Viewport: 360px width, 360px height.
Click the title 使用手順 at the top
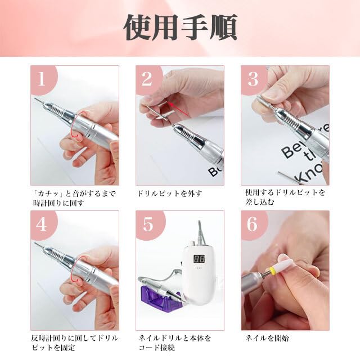pyautogui.click(x=180, y=28)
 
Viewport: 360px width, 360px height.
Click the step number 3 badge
pyautogui.click(x=253, y=79)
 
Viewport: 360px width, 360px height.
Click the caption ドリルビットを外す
pyautogui.click(x=169, y=193)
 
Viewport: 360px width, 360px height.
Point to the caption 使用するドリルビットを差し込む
pyautogui.click(x=285, y=197)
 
